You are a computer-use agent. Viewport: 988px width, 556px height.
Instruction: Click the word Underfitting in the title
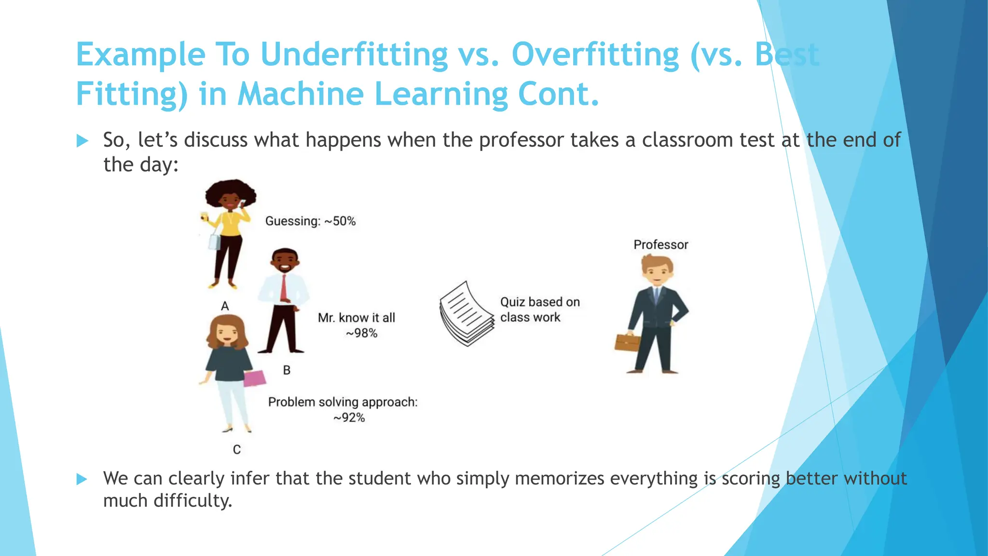click(x=354, y=54)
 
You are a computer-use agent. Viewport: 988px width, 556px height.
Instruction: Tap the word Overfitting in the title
click(x=595, y=54)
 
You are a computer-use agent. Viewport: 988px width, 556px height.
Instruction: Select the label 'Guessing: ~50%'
click(x=310, y=221)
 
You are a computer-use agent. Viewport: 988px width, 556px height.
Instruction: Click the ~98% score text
click(x=361, y=333)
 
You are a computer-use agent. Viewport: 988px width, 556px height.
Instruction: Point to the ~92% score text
click(x=349, y=417)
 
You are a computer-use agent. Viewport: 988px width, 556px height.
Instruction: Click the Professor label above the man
click(x=660, y=245)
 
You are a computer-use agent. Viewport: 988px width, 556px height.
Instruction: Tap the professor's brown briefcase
click(x=627, y=342)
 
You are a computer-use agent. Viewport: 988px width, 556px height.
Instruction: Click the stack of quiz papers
click(x=466, y=314)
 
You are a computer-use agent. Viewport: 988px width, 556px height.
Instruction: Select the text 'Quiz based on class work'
click(x=539, y=309)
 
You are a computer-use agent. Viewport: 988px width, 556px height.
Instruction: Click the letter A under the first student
click(x=225, y=306)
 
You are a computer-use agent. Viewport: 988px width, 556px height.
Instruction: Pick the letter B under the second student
click(x=287, y=370)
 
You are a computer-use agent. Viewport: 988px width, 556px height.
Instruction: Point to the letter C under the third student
click(x=237, y=449)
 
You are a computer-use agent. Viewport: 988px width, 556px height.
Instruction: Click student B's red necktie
click(x=284, y=288)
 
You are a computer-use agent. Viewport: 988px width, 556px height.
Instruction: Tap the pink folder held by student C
click(x=254, y=378)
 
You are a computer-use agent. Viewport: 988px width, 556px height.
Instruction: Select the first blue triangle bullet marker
click(x=82, y=141)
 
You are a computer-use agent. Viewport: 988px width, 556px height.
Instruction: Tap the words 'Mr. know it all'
click(x=356, y=318)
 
